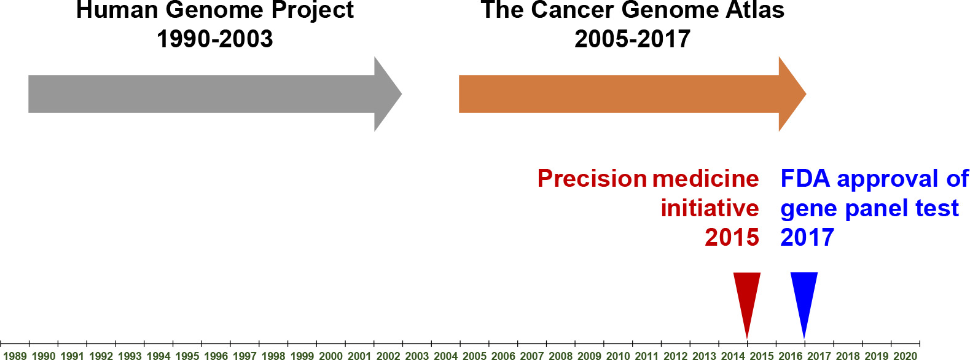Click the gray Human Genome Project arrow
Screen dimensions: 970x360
coord(215,94)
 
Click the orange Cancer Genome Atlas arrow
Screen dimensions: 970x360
coord(632,94)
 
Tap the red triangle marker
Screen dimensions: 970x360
coord(747,303)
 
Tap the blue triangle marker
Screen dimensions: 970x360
coord(804,303)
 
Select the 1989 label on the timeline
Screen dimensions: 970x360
coord(15,356)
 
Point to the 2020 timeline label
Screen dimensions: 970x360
coord(905,356)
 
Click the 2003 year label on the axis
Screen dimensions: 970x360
coord(417,356)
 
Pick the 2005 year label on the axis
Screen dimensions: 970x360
coord(475,356)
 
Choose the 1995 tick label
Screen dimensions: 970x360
coord(187,356)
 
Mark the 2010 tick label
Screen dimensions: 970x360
coord(619,356)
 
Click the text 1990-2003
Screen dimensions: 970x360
coord(215,39)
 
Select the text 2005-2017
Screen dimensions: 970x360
coord(632,39)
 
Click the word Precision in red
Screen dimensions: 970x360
coord(592,179)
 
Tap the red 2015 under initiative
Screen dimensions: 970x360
coord(732,237)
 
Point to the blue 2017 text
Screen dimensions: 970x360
coord(807,237)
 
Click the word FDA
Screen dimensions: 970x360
coord(805,179)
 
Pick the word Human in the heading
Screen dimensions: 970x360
coord(117,10)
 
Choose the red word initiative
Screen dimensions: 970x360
coord(710,208)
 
